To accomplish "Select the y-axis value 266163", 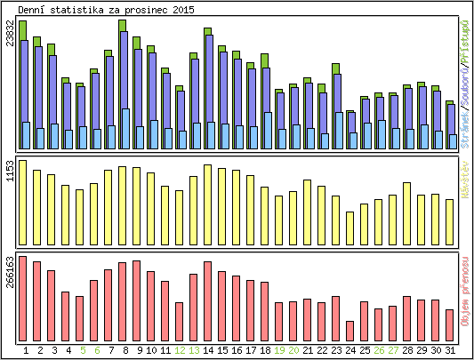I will tap(10, 271).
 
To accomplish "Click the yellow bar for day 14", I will tap(208, 196).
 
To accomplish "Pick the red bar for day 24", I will tap(350, 329).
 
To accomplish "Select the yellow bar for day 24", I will tap(350, 227).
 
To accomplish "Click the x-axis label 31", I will tap(450, 350).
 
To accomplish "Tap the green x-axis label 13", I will tap(194, 350).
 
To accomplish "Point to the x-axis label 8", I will tap(123, 350).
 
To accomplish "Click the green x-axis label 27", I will tap(393, 350).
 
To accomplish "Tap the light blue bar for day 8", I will tap(125, 129).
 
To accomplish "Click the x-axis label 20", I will tap(293, 350).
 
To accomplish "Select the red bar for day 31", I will tap(450, 324).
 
